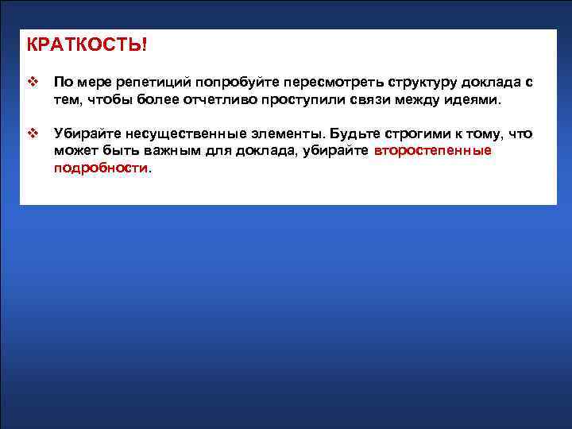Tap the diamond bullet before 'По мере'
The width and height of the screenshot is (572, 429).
33,83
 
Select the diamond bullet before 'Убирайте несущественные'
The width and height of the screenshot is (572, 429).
33,133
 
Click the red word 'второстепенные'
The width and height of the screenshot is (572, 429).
432,150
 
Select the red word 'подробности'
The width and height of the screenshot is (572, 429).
100,168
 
